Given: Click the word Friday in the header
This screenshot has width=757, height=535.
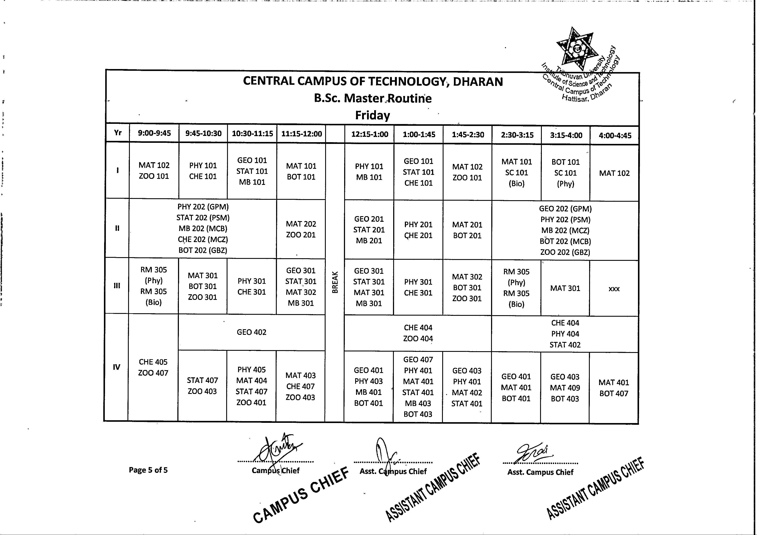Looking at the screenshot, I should click(372, 115).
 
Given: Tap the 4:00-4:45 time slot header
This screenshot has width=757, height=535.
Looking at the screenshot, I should click(615, 135).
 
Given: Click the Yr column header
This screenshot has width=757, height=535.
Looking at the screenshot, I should click(118, 133).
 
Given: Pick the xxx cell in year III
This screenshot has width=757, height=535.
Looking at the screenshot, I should click(614, 289).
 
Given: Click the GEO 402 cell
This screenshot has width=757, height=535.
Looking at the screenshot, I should click(251, 332).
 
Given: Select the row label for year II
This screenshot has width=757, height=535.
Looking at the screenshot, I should click(117, 228).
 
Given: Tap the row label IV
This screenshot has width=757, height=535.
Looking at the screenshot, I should click(116, 367).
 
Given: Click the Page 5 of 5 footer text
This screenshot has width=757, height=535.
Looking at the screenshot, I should click(148, 470).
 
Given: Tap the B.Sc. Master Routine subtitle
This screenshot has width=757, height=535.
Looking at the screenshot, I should click(372, 98).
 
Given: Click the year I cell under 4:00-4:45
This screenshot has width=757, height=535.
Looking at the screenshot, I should click(614, 173).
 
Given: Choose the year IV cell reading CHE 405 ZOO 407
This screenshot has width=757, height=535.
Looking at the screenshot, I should click(153, 367).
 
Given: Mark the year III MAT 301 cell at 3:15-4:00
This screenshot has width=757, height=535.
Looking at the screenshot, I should click(565, 288).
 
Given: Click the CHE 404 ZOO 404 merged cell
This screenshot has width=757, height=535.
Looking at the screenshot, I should click(418, 333).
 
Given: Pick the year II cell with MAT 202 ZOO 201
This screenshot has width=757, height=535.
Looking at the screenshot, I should click(301, 229).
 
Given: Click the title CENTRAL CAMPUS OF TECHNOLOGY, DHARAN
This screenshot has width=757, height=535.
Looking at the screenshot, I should click(373, 81).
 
